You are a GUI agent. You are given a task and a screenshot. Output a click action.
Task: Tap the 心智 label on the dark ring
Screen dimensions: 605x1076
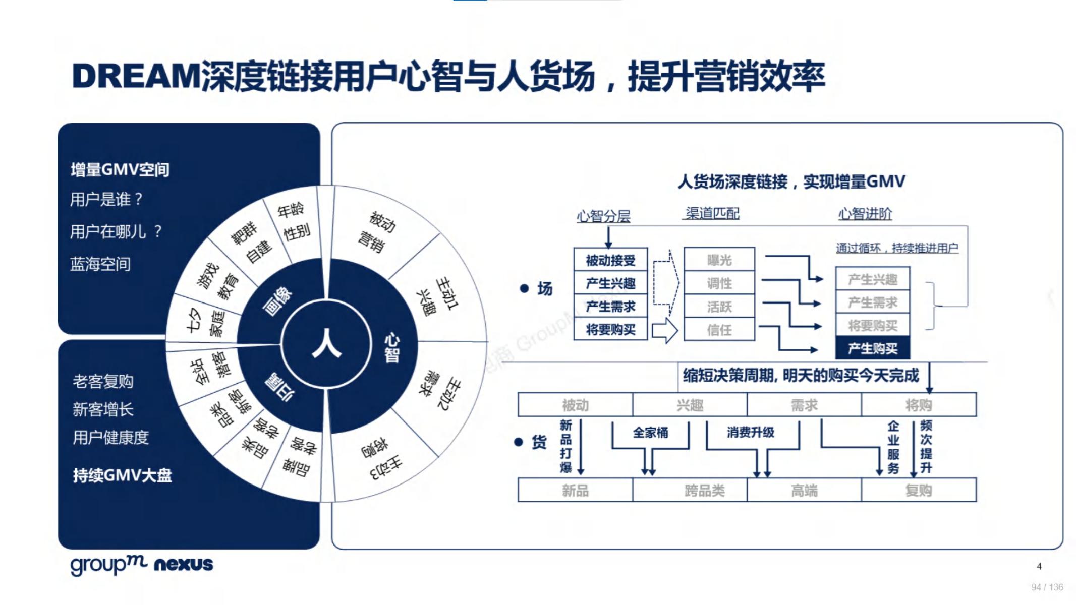pos(392,347)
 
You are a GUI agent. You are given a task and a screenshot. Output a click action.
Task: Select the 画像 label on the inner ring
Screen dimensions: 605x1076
pos(277,301)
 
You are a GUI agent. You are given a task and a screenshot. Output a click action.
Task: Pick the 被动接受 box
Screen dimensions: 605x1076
pos(610,260)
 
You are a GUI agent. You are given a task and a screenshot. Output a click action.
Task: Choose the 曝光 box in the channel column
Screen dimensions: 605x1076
pos(719,260)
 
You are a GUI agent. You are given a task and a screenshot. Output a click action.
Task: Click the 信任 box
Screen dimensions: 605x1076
pos(719,330)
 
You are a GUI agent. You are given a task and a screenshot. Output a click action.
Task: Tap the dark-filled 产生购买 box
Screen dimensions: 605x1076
pos(873,348)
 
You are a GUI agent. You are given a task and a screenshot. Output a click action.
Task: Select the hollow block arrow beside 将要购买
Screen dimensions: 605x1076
pos(665,330)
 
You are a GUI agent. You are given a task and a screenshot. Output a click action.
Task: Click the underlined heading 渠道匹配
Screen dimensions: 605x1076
pos(712,213)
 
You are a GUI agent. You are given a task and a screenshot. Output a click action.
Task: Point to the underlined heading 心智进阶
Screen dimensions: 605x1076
pos(865,214)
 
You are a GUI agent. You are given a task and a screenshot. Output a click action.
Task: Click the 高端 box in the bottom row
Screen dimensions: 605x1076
pos(804,490)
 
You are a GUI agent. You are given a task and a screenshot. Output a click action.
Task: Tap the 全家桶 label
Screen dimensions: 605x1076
pos(650,433)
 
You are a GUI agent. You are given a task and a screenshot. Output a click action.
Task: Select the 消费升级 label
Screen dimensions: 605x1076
pos(751,432)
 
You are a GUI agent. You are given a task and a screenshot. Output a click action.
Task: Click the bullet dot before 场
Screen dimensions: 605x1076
pos(524,288)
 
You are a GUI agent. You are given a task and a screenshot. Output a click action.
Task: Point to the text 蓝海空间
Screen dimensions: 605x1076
pos(100,264)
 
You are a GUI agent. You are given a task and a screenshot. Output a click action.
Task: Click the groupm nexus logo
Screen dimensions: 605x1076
pos(142,564)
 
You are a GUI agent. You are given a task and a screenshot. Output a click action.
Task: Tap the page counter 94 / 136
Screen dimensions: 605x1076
pos(1047,587)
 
